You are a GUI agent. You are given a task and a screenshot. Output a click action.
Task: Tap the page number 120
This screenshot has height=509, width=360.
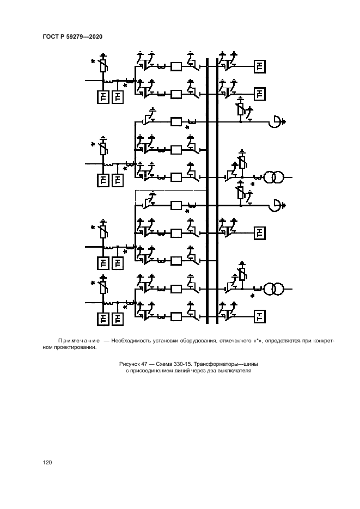click(47, 463)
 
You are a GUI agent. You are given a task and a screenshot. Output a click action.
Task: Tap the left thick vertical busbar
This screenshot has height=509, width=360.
click(207, 191)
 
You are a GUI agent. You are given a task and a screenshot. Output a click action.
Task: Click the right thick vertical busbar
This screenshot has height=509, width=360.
click(217, 191)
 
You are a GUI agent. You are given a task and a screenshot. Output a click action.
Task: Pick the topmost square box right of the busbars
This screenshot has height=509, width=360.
click(260, 67)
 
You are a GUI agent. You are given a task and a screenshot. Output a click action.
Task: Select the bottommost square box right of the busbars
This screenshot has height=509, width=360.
click(260, 316)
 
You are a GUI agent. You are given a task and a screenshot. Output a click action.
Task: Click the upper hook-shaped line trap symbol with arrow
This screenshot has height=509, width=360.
click(276, 122)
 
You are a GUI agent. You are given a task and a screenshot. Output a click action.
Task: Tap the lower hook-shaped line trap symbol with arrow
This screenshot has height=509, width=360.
click(276, 205)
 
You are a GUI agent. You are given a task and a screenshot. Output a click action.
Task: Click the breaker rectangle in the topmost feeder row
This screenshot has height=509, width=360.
click(176, 67)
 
